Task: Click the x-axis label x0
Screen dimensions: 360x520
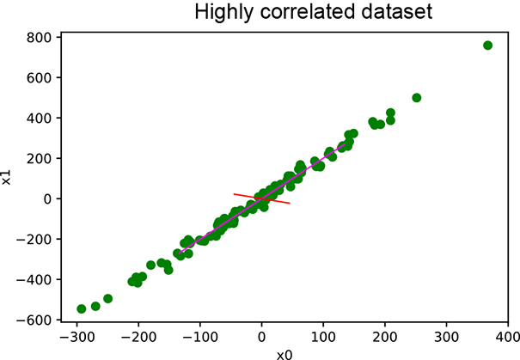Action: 284,353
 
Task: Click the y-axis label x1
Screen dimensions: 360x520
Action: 8,178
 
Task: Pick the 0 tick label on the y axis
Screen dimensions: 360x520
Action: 51,199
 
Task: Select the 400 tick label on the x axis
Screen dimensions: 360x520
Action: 507,337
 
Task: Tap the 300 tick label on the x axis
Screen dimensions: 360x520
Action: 446,337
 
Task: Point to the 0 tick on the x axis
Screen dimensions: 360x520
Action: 261,324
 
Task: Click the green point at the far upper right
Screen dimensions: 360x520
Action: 487,46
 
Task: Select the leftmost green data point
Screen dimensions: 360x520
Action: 82,308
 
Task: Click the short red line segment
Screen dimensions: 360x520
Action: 261,198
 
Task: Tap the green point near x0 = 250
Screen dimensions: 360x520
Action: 417,98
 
